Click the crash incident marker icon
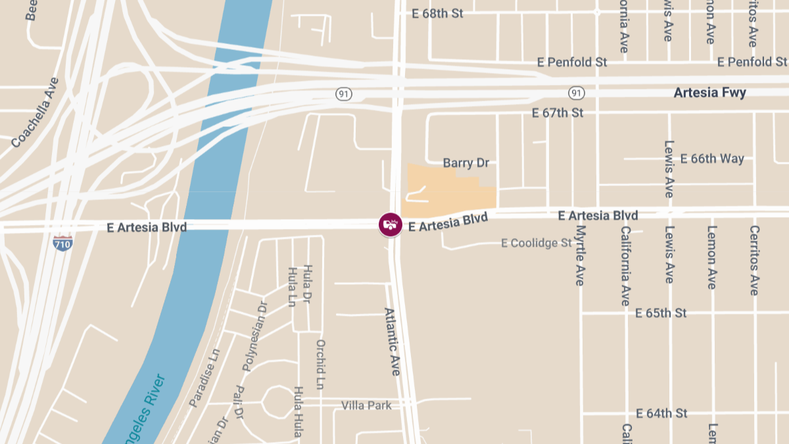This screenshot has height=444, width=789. coord(391,224)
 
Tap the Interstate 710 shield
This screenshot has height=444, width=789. coord(62,242)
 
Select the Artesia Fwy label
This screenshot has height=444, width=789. coord(709,93)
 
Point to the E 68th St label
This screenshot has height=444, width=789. coord(437,13)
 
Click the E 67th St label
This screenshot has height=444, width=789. coord(558,113)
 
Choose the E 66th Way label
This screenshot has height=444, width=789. coord(712,159)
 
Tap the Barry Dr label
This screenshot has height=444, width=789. coord(466,162)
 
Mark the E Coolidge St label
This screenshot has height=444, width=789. coord(537,243)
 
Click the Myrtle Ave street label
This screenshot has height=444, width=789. coord(580,255)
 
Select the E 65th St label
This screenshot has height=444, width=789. coord(661,312)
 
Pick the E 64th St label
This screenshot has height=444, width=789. coord(661,413)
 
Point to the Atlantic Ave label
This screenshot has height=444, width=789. coord(393,341)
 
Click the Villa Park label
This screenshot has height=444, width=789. coord(366,405)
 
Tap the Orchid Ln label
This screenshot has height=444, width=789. coord(321,364)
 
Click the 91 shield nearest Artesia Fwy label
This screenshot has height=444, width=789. coord(577,93)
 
